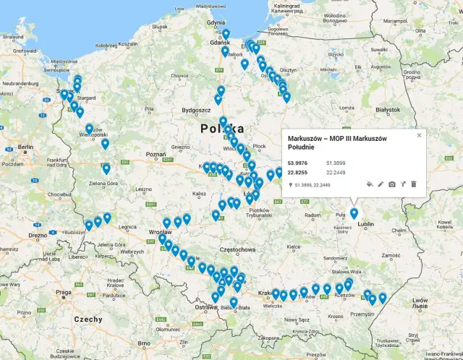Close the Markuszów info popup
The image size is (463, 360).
[x=419, y=135]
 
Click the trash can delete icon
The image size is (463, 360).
[x=414, y=184]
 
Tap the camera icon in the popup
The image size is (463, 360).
[x=392, y=184]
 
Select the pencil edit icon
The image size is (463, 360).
[x=381, y=184]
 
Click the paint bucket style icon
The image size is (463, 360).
[x=369, y=184]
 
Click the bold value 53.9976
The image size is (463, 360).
[x=298, y=163]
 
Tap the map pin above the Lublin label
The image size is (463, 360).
[x=354, y=213]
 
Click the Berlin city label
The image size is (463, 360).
[x=26, y=147]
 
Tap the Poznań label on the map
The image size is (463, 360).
[x=156, y=155]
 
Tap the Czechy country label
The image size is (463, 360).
[x=88, y=319]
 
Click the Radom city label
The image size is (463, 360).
[x=313, y=215]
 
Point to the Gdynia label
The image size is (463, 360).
[x=216, y=22]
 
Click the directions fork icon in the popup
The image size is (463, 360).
[x=403, y=184]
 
